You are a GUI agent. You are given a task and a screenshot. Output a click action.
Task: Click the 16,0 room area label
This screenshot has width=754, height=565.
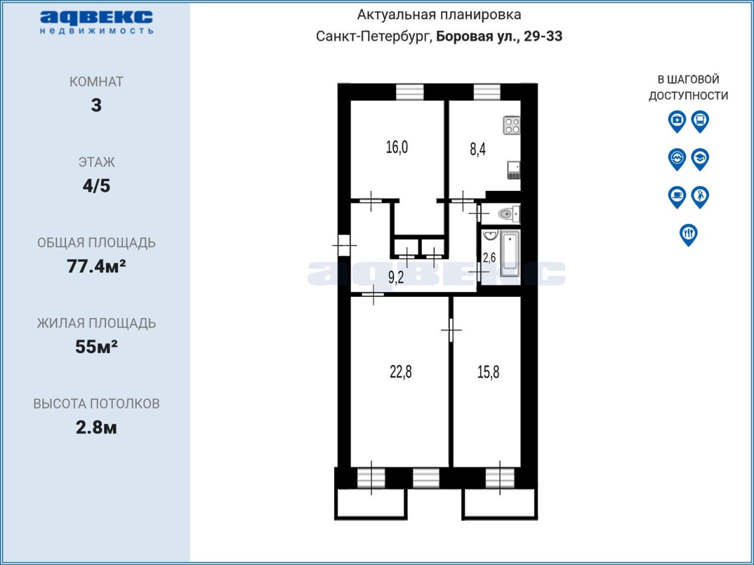[397, 147]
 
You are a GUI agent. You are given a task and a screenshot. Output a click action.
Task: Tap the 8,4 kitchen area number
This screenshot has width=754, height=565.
[478, 150]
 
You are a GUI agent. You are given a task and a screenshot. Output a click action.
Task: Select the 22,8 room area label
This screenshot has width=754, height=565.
[401, 372]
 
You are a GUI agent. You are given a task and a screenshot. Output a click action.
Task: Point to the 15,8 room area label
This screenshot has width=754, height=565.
[488, 372]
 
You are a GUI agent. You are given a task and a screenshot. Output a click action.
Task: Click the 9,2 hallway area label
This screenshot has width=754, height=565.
[396, 277]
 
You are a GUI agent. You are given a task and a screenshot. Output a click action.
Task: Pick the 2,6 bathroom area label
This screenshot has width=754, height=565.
[489, 257]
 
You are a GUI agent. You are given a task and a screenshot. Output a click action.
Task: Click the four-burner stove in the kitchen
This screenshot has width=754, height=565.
[511, 125]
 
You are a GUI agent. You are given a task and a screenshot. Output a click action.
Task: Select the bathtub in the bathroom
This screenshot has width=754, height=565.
[510, 254]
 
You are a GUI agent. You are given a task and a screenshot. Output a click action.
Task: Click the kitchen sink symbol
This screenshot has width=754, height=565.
[514, 170]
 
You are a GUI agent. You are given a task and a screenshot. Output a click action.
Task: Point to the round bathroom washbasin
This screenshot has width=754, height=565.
[491, 235]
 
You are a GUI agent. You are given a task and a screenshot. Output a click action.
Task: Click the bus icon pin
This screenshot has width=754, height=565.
[700, 121]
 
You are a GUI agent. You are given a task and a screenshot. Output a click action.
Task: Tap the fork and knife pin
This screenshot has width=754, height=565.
[689, 235]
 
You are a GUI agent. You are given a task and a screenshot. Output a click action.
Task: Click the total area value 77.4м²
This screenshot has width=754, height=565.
[96, 266]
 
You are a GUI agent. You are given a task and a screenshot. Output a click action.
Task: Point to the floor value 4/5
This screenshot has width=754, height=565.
[96, 186]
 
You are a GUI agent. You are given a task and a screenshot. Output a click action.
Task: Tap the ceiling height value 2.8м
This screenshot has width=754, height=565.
[96, 427]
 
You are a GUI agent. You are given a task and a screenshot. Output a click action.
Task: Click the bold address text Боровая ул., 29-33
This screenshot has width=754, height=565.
[499, 36]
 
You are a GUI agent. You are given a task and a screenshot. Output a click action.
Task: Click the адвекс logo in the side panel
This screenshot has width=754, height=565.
[97, 22]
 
